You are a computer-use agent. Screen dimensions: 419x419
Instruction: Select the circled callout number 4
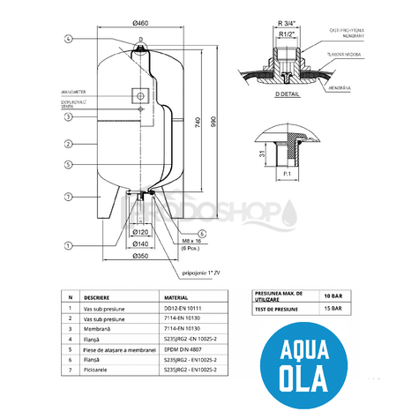coord(67,39)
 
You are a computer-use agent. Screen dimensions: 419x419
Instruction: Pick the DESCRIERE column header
coord(98,299)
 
